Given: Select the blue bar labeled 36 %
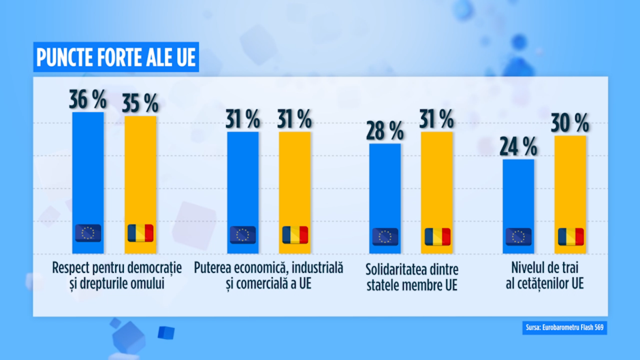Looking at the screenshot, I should [x=88, y=170].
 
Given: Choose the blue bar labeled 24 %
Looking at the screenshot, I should [x=518, y=197].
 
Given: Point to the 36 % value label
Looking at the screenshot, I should [x=88, y=99].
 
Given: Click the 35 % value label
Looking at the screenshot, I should [x=140, y=103].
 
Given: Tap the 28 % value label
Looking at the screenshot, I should [x=385, y=131].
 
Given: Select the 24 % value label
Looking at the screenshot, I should [x=518, y=146].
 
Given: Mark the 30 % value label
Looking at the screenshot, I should [x=571, y=123].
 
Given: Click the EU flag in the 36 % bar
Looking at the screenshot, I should [x=88, y=233].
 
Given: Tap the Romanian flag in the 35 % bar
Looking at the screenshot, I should [x=140, y=233].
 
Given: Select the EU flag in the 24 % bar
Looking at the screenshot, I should [x=518, y=237].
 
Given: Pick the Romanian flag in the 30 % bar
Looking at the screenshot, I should [x=571, y=237].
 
